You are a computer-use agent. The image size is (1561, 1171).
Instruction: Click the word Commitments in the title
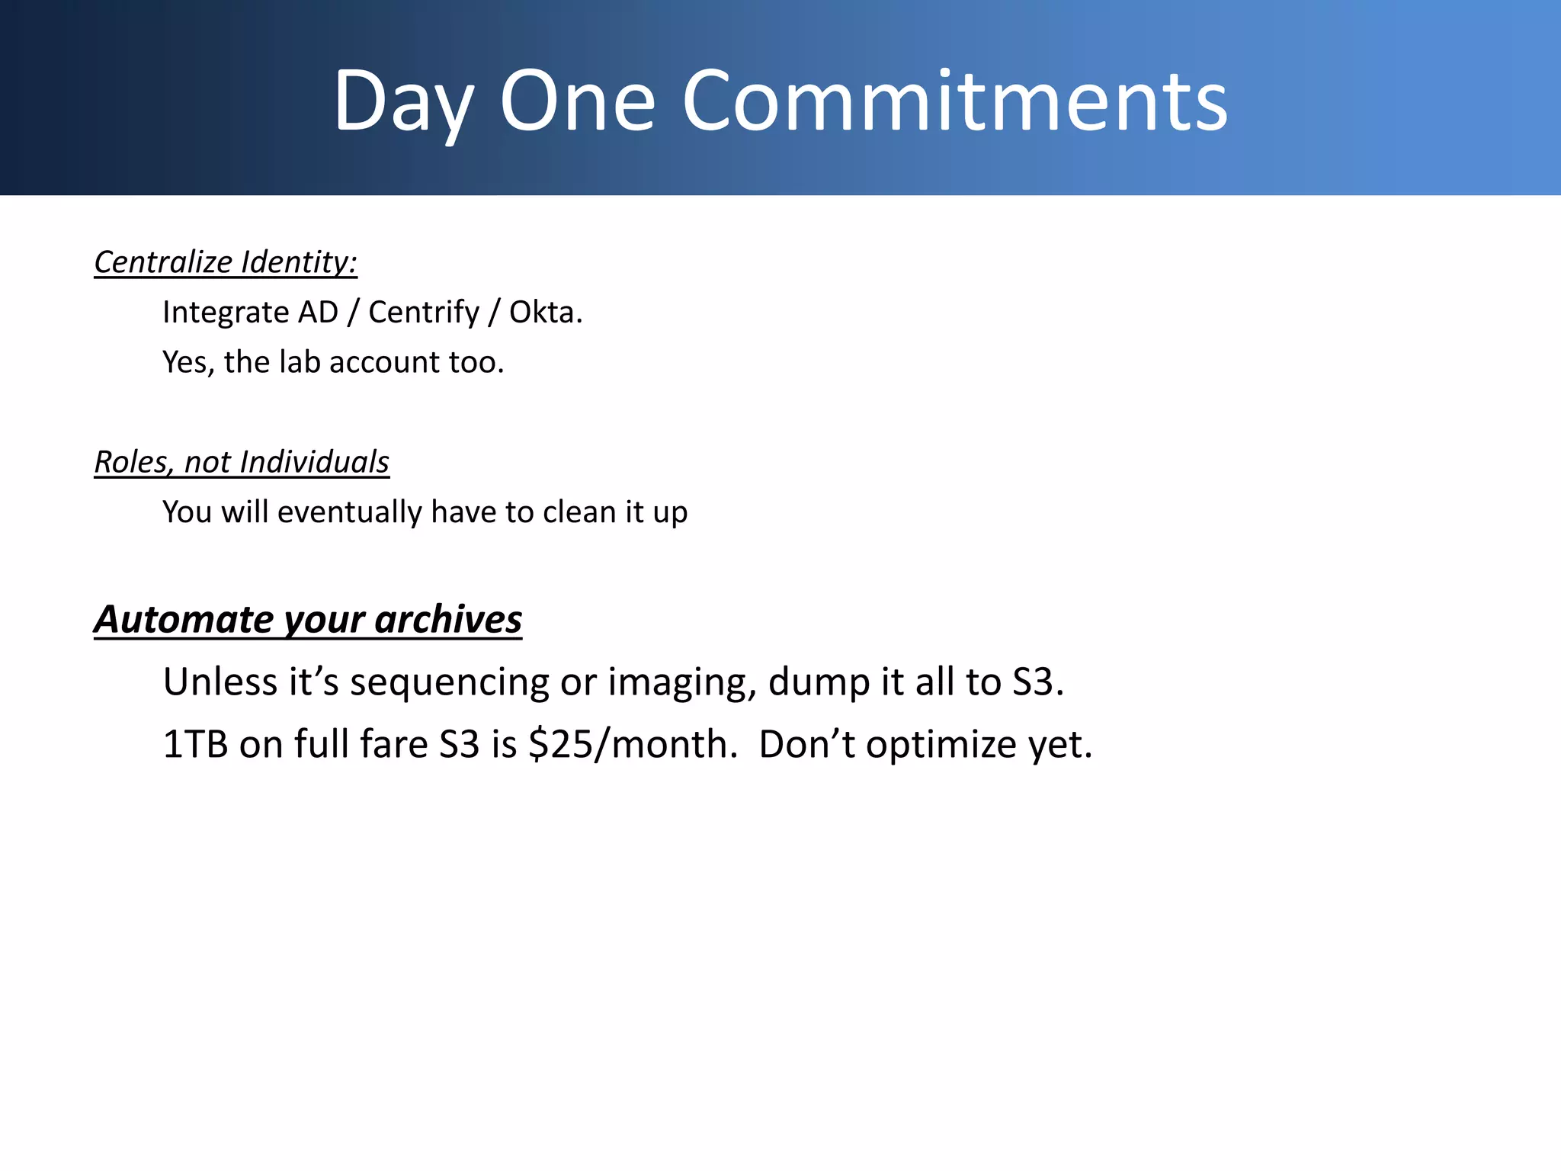(954, 101)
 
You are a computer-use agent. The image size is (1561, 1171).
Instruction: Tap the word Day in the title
(403, 101)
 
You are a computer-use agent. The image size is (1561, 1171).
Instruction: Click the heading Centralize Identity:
(226, 262)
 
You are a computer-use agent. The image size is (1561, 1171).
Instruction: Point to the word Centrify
(424, 313)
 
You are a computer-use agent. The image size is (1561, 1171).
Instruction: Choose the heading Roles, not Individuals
(242, 462)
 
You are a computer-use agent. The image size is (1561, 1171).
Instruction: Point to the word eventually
(349, 512)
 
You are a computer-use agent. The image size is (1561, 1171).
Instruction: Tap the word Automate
(184, 619)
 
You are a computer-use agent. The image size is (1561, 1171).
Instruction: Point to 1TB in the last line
(195, 744)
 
